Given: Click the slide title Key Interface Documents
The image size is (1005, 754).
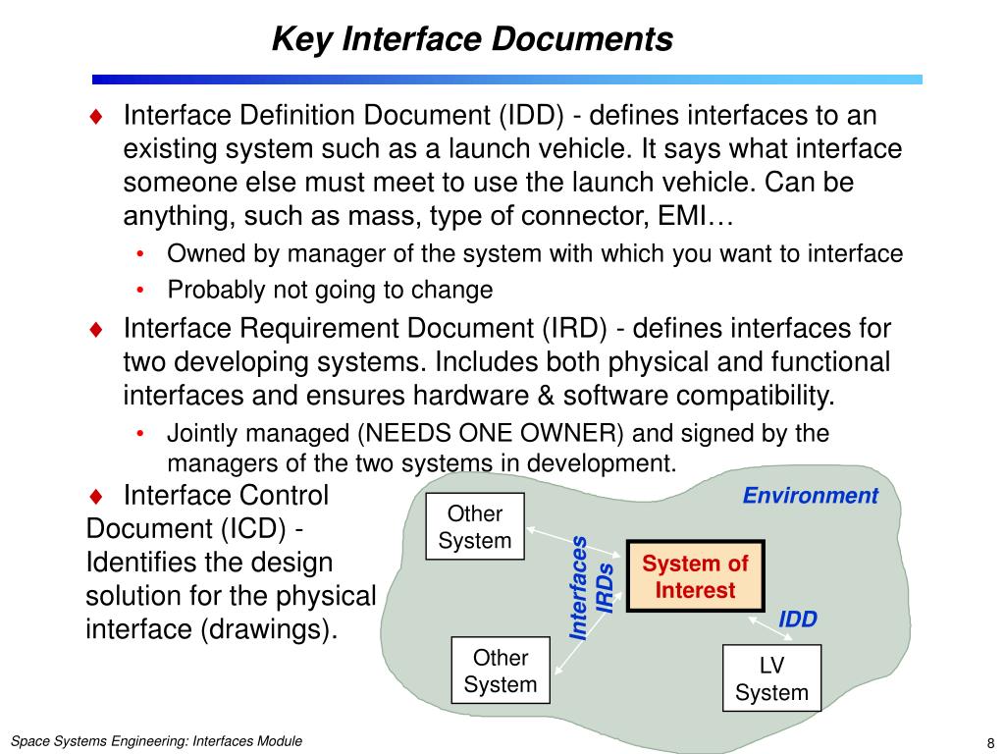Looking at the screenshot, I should (x=472, y=39).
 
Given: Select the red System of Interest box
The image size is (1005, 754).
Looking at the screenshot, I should (x=695, y=576).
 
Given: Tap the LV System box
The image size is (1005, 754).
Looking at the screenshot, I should (x=771, y=678).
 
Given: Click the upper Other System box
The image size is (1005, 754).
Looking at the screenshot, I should (x=475, y=526).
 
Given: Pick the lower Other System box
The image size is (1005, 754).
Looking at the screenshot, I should (x=500, y=671).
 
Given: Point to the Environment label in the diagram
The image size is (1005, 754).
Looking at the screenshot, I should (x=810, y=496).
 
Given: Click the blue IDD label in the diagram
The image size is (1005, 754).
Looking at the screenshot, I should (x=797, y=619).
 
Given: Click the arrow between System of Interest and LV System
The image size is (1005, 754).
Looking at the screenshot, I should (x=764, y=625).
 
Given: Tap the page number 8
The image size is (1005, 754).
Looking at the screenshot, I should (x=989, y=741).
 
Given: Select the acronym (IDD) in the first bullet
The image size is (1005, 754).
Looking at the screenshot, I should (x=529, y=116).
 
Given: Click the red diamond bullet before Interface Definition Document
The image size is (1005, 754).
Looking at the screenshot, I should (x=96, y=117).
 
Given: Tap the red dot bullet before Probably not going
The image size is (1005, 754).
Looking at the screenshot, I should (x=141, y=291).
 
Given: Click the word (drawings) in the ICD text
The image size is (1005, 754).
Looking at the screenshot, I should (x=268, y=629).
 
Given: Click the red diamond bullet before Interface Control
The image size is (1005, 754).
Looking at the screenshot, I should (x=96, y=495).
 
